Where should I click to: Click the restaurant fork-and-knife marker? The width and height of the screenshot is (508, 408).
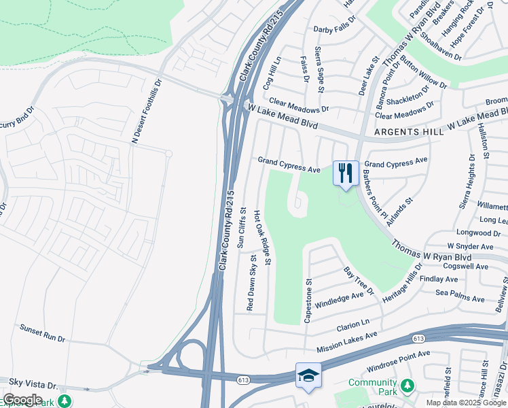[346, 173]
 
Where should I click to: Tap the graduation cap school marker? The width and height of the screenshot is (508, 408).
[308, 375]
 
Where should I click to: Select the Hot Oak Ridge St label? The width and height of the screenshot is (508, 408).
[263, 237]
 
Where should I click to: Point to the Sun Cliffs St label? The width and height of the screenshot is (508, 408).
[241, 229]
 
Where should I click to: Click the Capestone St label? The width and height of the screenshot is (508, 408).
[308, 300]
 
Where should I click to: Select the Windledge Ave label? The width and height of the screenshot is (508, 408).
[340, 298]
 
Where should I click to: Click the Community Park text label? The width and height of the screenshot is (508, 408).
[374, 387]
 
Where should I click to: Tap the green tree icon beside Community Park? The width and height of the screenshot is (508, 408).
[407, 386]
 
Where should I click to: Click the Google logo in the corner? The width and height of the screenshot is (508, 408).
[22, 400]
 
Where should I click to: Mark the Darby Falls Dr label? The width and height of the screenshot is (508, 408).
[335, 29]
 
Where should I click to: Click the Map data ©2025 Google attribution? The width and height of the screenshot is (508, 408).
[467, 403]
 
